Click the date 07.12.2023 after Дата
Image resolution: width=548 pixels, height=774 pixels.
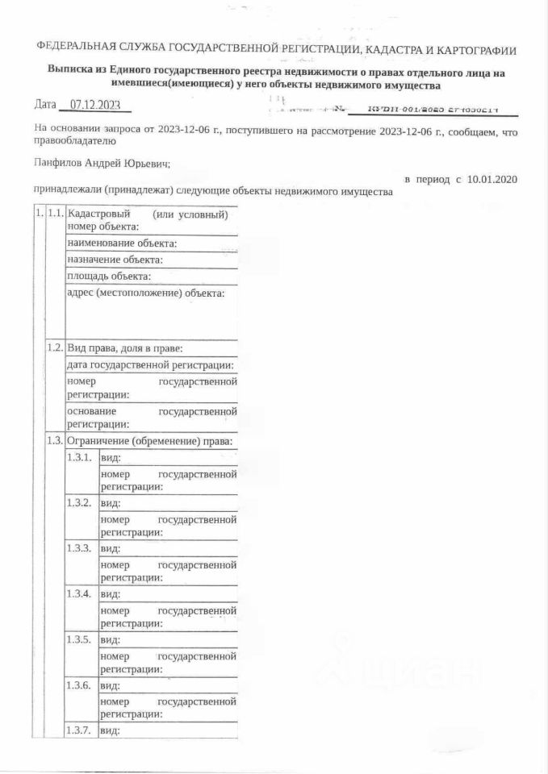[95, 105]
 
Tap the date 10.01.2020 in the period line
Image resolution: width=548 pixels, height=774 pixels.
[492, 178]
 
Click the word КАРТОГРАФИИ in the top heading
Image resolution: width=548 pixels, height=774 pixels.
[473, 50]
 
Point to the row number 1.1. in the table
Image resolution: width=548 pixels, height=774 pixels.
[55, 214]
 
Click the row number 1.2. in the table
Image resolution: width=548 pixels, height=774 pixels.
[55, 348]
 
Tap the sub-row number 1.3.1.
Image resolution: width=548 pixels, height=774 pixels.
[81, 457]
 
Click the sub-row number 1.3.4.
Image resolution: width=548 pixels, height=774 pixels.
[81, 594]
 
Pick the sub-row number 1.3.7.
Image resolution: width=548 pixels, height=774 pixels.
[81, 730]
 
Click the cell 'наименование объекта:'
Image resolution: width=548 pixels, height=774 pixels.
[123, 243]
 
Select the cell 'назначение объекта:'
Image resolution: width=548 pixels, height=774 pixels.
[115, 260]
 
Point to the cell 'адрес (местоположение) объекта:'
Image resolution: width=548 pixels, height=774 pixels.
[146, 293]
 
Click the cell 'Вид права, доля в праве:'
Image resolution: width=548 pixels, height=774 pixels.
[125, 349]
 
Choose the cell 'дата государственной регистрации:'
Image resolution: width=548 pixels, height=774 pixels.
[151, 366]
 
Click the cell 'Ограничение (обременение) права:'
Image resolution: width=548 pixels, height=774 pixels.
[151, 441]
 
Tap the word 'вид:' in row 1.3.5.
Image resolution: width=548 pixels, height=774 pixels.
[111, 640]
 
